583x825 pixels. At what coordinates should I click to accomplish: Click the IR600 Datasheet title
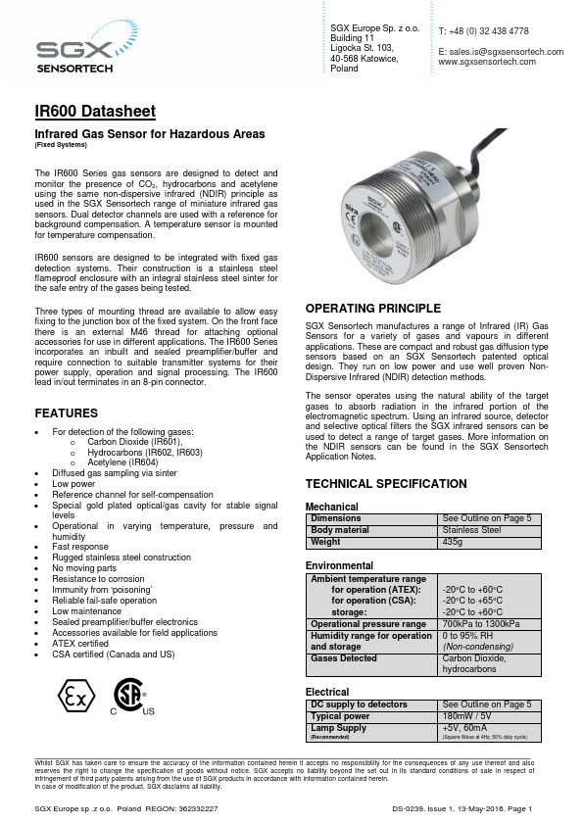[x=95, y=113]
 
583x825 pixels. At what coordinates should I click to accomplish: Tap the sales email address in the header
[x=501, y=51]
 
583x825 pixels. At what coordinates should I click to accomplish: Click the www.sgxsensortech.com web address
[x=487, y=62]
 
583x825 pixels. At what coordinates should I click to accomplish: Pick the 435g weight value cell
[x=453, y=542]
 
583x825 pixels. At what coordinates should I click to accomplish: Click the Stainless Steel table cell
[x=472, y=530]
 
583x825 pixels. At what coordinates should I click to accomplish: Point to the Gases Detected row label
[x=344, y=658]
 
